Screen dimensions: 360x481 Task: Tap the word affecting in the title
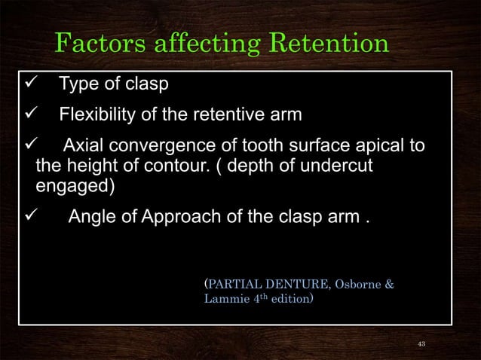click(x=201, y=43)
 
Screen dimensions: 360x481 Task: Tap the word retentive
click(x=234, y=115)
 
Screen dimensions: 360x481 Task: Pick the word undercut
click(x=348, y=165)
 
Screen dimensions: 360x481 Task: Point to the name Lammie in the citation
click(x=225, y=299)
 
